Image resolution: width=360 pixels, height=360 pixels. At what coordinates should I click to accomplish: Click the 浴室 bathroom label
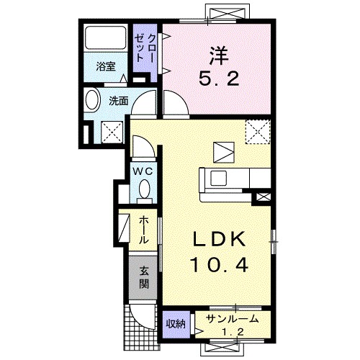tap(106, 66)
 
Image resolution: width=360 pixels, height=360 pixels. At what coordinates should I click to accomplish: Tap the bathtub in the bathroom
tap(106, 37)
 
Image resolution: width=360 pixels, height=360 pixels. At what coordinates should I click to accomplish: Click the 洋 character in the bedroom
tap(218, 55)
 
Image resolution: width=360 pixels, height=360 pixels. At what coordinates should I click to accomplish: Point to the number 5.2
tap(219, 78)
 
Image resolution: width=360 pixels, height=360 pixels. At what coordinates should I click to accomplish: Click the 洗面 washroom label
tap(118, 101)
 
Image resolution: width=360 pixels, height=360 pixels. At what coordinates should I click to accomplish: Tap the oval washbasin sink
tap(92, 101)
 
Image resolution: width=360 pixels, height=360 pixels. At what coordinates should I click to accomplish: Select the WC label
tap(143, 171)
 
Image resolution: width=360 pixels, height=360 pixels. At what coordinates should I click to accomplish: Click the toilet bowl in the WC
tap(145, 189)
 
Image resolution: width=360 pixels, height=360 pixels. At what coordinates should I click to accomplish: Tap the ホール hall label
tap(143, 230)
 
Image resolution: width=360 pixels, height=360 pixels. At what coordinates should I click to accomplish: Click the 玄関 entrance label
tap(144, 278)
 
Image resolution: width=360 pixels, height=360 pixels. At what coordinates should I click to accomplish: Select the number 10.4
tap(219, 265)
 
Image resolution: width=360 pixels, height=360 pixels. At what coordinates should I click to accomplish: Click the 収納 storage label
tap(176, 324)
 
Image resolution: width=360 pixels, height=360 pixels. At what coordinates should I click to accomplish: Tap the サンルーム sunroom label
tap(233, 319)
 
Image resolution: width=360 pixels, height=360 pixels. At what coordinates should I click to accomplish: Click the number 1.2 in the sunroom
tap(233, 332)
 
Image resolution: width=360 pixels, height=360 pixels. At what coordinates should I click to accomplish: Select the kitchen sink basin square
tap(218, 179)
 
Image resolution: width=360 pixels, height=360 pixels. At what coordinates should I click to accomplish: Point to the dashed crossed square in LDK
tap(258, 132)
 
